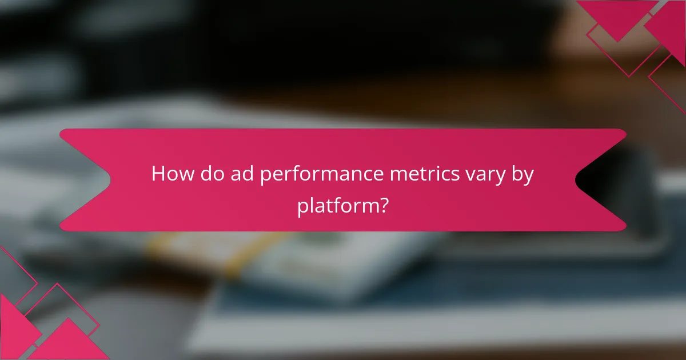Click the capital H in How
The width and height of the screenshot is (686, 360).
pyautogui.click(x=158, y=174)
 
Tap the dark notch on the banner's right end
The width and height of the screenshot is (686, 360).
pyautogui.click(x=600, y=180)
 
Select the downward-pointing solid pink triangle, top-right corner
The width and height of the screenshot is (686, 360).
pyautogui.click(x=617, y=17)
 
